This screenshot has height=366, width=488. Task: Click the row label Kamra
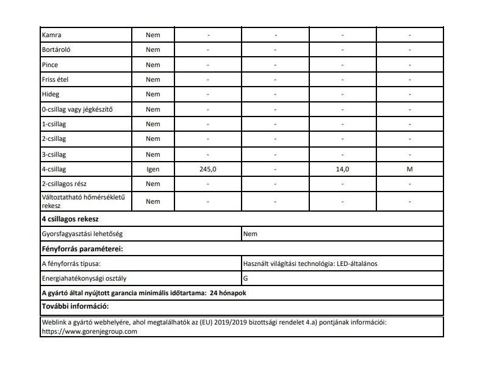(51, 35)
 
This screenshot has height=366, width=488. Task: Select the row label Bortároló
(56, 49)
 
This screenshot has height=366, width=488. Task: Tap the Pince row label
(50, 65)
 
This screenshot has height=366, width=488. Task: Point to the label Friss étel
(55, 79)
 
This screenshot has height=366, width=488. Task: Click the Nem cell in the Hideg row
(153, 95)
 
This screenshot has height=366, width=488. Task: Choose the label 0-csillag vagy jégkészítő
(77, 109)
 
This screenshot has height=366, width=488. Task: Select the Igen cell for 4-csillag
(153, 169)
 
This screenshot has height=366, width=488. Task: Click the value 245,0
(208, 169)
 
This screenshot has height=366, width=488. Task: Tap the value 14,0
(342, 169)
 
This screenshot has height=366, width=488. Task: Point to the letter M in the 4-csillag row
(409, 169)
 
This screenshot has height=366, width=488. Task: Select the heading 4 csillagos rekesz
(70, 218)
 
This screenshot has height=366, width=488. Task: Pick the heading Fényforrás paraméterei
(82, 249)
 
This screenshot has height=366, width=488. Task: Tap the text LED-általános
(361, 264)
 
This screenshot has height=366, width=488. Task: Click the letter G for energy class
(245, 278)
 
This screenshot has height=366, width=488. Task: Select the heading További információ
(74, 307)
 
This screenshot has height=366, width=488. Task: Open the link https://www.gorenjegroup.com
(89, 331)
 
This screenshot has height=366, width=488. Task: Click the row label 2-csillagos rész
(65, 184)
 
